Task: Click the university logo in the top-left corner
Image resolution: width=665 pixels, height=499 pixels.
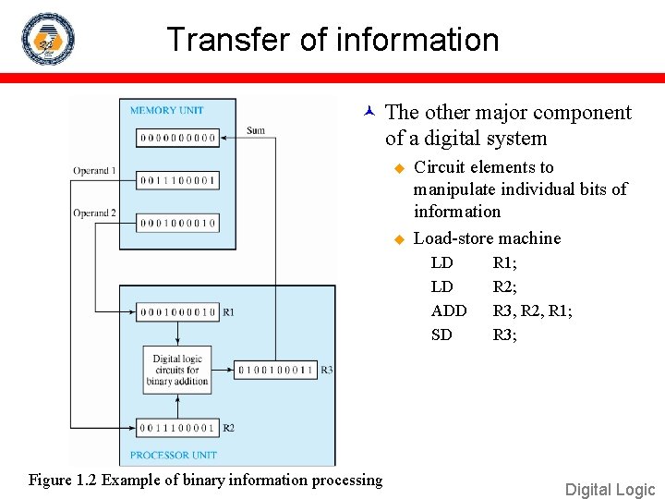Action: [48, 39]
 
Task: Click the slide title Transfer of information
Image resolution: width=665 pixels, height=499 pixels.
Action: [332, 40]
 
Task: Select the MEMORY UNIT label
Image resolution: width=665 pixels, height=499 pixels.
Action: [166, 110]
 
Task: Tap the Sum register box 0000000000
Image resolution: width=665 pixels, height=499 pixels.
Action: [177, 138]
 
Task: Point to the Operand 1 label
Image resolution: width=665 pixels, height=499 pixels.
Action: [95, 171]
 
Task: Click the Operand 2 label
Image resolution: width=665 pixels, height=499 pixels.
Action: [95, 213]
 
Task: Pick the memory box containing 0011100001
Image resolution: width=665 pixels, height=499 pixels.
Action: [177, 179]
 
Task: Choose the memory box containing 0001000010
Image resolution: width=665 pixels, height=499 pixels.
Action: [177, 223]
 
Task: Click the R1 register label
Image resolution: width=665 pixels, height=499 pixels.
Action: [228, 312]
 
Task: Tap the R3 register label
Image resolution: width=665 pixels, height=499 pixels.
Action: [327, 370]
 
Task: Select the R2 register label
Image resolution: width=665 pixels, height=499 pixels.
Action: [228, 428]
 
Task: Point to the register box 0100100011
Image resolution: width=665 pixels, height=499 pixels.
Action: [276, 370]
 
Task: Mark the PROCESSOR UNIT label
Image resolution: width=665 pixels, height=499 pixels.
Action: [173, 455]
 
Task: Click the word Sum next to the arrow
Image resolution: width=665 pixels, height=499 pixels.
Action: [256, 130]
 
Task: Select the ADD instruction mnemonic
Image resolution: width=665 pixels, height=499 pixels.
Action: [449, 310]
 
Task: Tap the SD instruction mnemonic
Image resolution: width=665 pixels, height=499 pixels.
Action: [441, 335]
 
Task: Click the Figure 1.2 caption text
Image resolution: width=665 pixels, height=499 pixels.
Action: [205, 480]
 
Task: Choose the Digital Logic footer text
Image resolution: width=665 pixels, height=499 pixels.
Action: [610, 490]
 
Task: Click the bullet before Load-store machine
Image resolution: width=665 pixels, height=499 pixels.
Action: [400, 239]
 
